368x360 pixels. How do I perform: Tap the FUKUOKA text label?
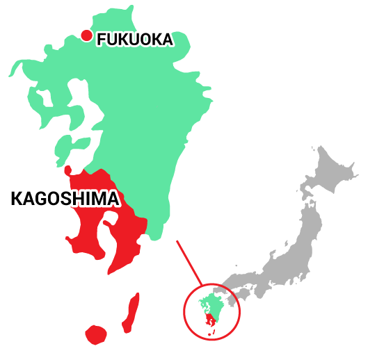[134, 40]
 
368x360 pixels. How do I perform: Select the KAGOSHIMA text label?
[64, 199]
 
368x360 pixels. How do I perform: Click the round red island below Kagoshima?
[96, 335]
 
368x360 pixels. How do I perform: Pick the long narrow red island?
[131, 313]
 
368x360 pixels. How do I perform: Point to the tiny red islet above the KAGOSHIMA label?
[67, 170]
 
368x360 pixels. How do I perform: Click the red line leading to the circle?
[189, 263]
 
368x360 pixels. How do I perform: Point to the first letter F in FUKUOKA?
[102, 40]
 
